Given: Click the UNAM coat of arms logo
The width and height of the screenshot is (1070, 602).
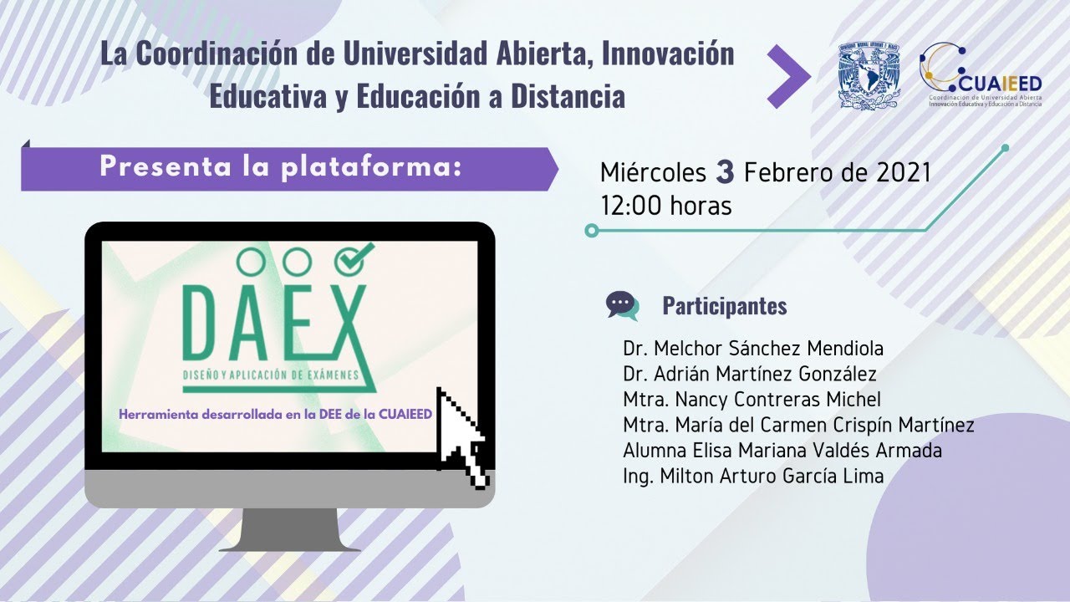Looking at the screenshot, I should pos(869,75).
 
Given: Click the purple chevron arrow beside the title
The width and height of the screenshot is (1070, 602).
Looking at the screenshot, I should pos(788,76).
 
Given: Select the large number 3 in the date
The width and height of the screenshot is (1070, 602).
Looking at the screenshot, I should pos(725,172).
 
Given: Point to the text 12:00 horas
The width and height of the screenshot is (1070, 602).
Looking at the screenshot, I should pos(665,205).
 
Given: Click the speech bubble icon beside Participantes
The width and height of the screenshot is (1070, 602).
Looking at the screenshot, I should pos(622,305).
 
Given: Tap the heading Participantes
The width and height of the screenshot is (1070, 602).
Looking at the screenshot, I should pos(724,306).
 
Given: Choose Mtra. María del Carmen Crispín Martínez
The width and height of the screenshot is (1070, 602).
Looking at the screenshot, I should pos(797,425).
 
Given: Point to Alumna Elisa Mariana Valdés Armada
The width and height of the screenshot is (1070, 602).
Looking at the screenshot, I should pos(782,450).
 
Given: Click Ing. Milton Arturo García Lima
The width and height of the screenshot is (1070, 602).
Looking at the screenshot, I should pos(752,476).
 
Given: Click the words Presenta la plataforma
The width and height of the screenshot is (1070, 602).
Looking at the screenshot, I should pos(281,166).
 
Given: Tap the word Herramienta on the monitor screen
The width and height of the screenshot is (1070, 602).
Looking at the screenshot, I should pos(160,414).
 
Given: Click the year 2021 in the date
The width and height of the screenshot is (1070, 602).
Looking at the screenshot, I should pos(903,172).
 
